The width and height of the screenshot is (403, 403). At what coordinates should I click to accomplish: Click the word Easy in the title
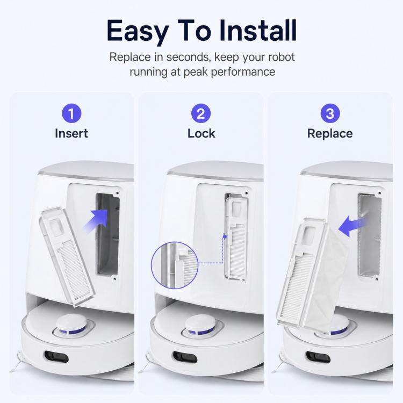137,31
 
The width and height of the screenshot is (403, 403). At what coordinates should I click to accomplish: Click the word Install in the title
258,30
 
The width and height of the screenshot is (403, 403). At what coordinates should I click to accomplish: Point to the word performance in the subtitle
243,72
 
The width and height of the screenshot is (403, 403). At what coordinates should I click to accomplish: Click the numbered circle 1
71,113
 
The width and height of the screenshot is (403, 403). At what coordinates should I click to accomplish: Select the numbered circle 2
201,113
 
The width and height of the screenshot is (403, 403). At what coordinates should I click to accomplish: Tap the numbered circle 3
330,113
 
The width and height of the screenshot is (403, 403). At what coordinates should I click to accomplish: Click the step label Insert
71,134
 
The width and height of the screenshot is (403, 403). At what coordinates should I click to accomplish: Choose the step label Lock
201,134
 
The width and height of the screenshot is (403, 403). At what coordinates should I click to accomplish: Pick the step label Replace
330,134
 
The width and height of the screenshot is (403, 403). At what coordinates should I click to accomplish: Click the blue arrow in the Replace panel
351,226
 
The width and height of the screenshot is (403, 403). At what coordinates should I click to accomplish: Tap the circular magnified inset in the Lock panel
175,265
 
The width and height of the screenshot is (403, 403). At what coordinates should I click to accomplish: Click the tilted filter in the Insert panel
68,257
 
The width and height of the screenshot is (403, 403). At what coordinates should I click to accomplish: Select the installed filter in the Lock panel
236,237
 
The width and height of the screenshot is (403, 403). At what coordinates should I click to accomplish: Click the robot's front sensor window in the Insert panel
56,356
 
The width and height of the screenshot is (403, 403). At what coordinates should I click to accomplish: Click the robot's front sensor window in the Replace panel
318,357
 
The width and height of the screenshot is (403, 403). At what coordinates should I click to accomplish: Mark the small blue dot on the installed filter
225,236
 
